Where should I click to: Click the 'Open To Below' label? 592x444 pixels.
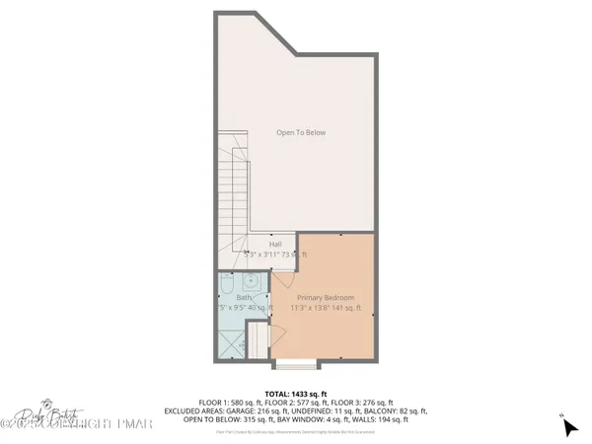301,132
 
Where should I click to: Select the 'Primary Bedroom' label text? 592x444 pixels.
326,297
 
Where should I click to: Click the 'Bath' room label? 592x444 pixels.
242,297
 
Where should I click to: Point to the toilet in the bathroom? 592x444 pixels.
226,287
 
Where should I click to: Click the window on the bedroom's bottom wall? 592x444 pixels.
296,363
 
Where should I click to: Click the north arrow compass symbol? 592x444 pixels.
568,426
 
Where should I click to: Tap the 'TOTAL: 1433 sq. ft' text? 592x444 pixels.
296,393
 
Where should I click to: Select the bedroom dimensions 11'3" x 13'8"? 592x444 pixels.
326,308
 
